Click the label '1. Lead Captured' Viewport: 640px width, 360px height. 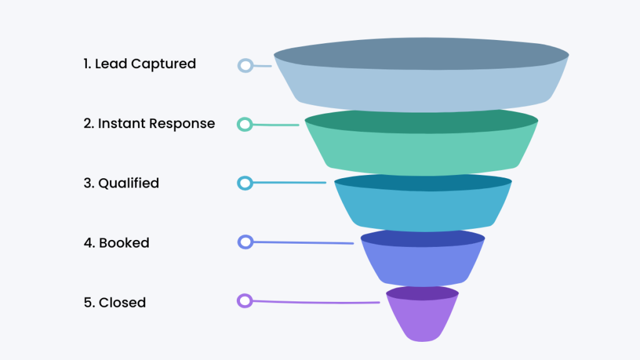pos(139,64)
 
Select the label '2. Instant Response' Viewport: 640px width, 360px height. pos(149,124)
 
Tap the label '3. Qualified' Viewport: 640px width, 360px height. pos(121,183)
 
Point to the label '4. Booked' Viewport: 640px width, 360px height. pos(116,243)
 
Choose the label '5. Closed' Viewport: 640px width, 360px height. pos(114,302)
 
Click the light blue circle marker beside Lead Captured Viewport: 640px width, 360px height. pos(245,65)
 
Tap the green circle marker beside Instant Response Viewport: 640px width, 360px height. pos(245,124)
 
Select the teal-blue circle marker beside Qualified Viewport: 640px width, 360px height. pos(245,183)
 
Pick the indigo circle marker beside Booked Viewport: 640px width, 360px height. pos(245,242)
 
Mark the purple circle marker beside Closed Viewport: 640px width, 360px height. pos(244,301)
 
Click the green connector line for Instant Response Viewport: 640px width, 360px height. pos(275,125)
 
